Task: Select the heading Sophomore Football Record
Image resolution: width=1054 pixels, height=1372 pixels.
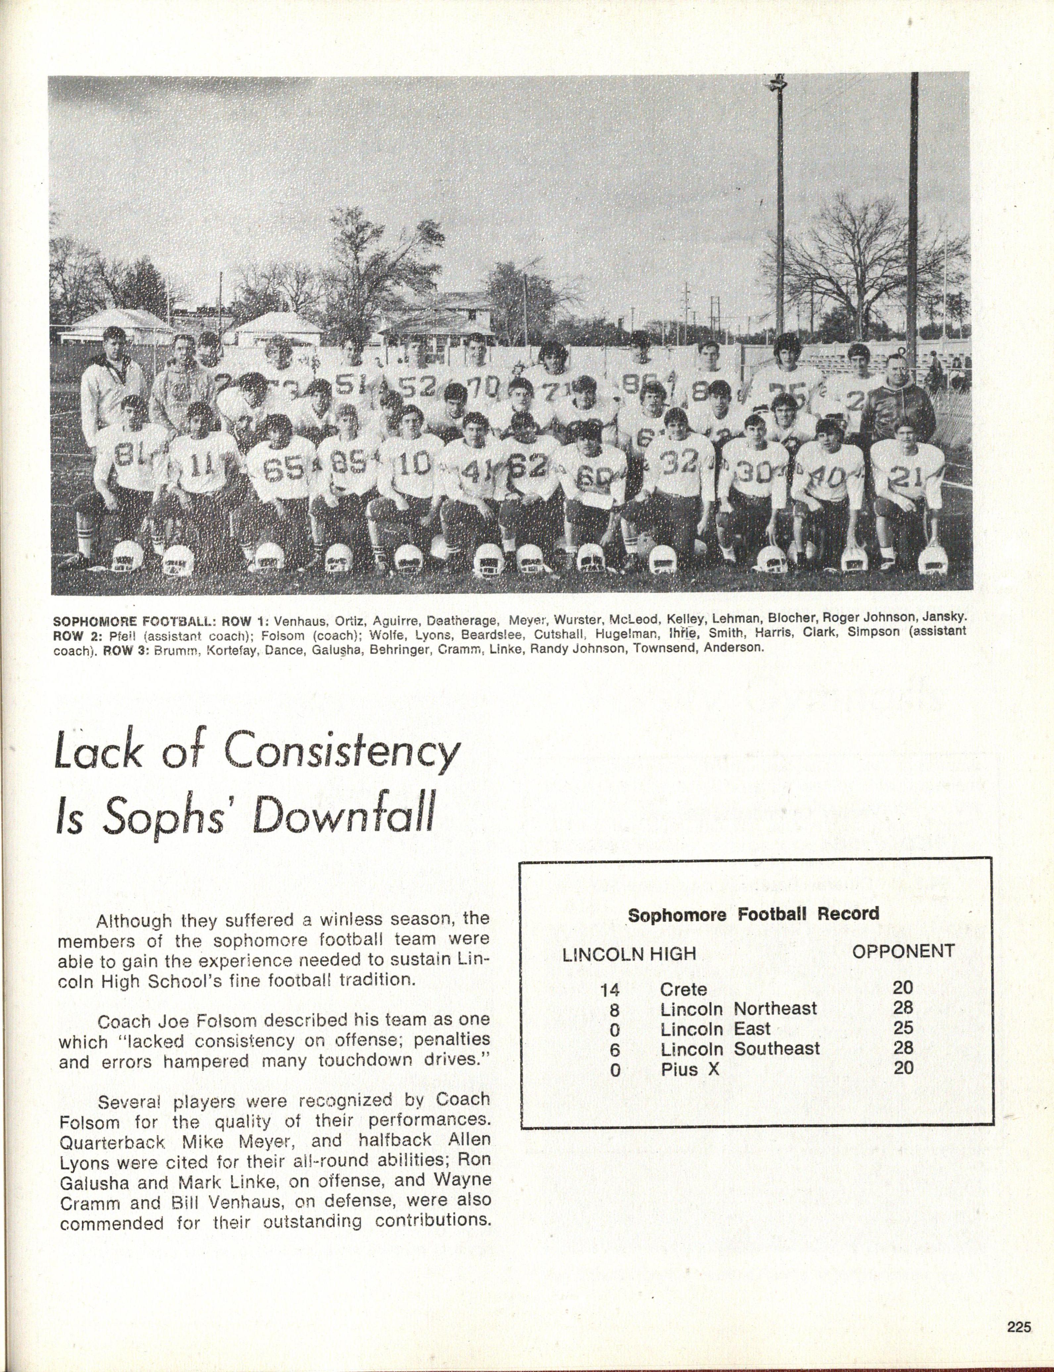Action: [x=753, y=914]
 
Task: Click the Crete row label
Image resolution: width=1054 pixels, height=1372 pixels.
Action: [x=683, y=989]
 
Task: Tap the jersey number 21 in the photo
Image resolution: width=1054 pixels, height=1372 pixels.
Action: [x=907, y=478]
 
